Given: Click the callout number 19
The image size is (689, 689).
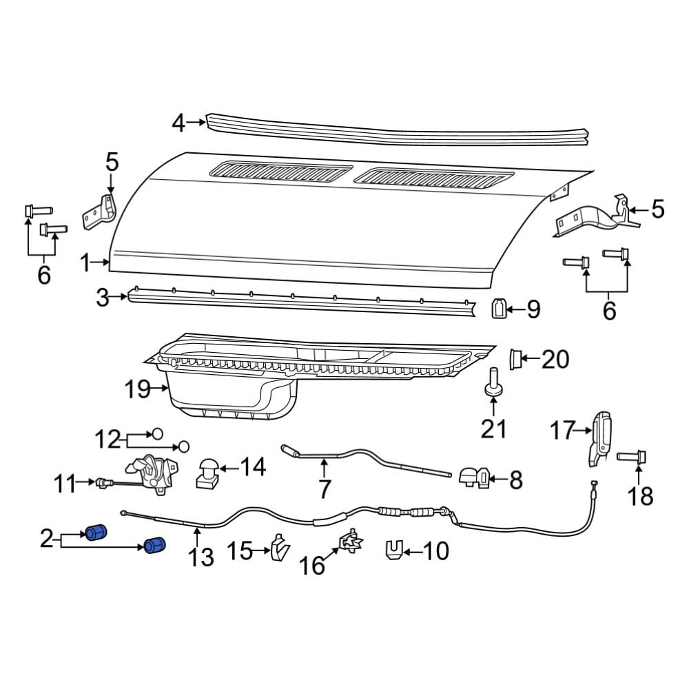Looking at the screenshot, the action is click(x=138, y=389).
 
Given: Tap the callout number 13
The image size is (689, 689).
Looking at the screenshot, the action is click(x=200, y=557).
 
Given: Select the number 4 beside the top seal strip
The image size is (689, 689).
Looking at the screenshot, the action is click(x=178, y=123).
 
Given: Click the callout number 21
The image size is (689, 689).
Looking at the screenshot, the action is click(x=493, y=428).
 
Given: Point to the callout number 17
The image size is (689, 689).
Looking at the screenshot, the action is click(x=562, y=430).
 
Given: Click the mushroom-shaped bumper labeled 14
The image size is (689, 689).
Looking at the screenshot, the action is click(x=207, y=473).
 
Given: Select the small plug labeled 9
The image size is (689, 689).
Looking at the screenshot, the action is click(x=498, y=308).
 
